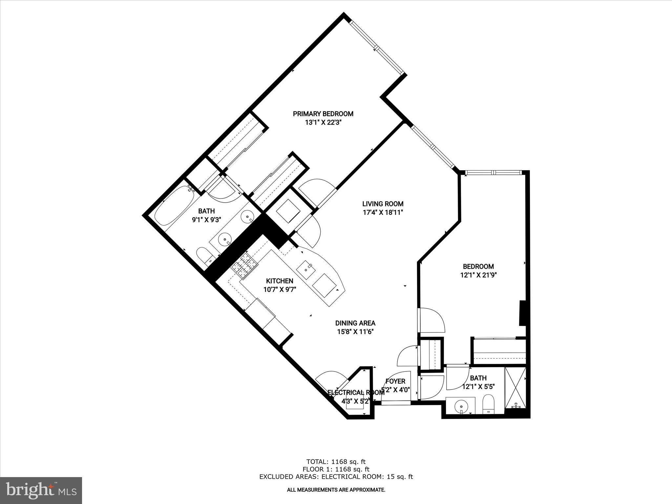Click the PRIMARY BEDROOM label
pos(323,114)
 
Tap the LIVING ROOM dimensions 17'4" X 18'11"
pos(383,212)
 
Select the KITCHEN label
pos(279,281)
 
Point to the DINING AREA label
pos(355,323)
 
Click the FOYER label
pos(395,381)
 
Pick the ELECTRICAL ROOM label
pos(356,392)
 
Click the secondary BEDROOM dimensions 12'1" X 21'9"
pos(478,275)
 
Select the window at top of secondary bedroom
pos(494,172)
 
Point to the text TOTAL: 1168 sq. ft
pos(336,462)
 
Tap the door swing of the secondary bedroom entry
pos(432,320)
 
